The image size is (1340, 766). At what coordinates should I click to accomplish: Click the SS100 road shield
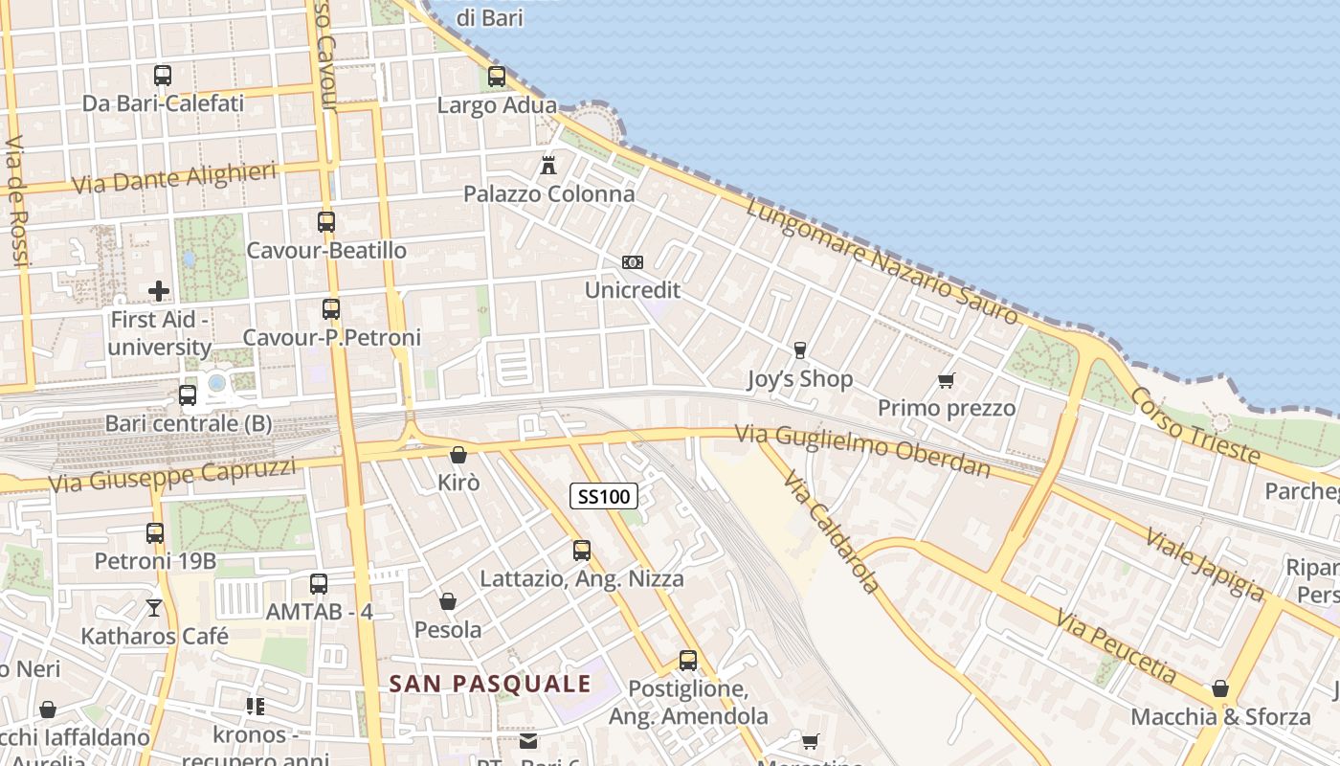(x=604, y=496)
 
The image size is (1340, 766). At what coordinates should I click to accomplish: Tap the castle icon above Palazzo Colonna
(x=548, y=165)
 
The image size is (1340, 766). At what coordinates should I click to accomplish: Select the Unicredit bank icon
(x=632, y=262)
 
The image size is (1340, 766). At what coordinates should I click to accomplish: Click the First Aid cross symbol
(x=159, y=290)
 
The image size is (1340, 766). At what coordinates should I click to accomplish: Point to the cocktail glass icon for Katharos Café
(x=153, y=607)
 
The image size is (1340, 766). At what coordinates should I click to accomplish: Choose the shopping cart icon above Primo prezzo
(x=947, y=380)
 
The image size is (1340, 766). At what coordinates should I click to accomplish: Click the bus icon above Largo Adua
(x=496, y=77)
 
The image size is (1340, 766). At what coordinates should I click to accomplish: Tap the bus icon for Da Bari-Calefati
(x=163, y=75)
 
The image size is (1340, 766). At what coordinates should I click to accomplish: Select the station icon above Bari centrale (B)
(x=188, y=394)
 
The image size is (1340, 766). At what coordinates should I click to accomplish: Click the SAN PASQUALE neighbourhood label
(x=490, y=684)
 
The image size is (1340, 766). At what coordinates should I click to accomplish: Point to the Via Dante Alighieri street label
(x=174, y=178)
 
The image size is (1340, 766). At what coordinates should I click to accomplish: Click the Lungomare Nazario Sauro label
(x=882, y=259)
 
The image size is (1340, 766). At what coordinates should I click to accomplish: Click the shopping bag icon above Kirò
(x=458, y=455)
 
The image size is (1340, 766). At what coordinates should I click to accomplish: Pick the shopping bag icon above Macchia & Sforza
(x=1220, y=688)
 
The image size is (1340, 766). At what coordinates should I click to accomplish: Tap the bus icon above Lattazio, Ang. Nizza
(x=582, y=551)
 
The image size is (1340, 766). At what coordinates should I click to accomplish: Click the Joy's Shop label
(x=799, y=379)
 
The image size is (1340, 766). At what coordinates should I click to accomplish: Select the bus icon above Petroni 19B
(x=155, y=532)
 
